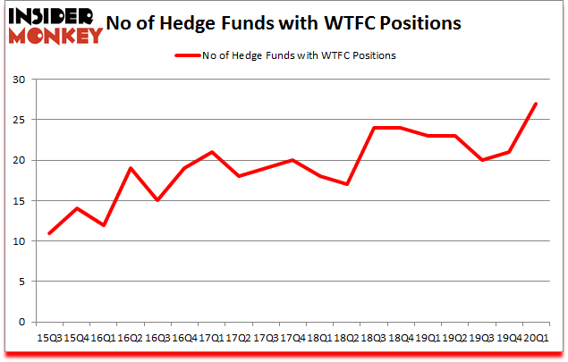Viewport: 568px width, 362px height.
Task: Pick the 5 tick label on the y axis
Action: point(20,282)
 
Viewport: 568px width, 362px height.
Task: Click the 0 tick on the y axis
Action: point(20,322)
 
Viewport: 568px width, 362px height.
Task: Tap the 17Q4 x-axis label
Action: point(293,338)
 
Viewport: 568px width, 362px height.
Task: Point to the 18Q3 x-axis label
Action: point(374,338)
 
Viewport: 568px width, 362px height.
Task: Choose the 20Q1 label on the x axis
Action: point(535,338)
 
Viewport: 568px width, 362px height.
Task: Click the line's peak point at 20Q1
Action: point(535,104)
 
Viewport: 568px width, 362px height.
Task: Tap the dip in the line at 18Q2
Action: point(347,184)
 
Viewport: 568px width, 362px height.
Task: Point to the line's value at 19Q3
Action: point(481,160)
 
